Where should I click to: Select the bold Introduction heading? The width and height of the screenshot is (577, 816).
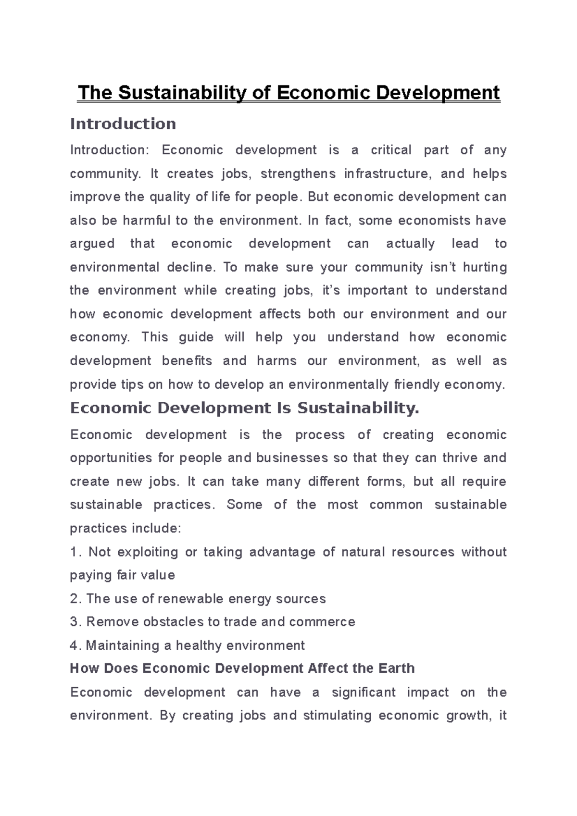pyautogui.click(x=123, y=124)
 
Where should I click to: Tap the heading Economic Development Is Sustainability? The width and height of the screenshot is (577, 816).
pyautogui.click(x=245, y=408)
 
